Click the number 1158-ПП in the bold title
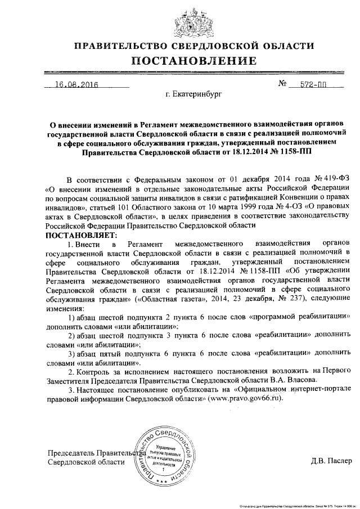(296, 151)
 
